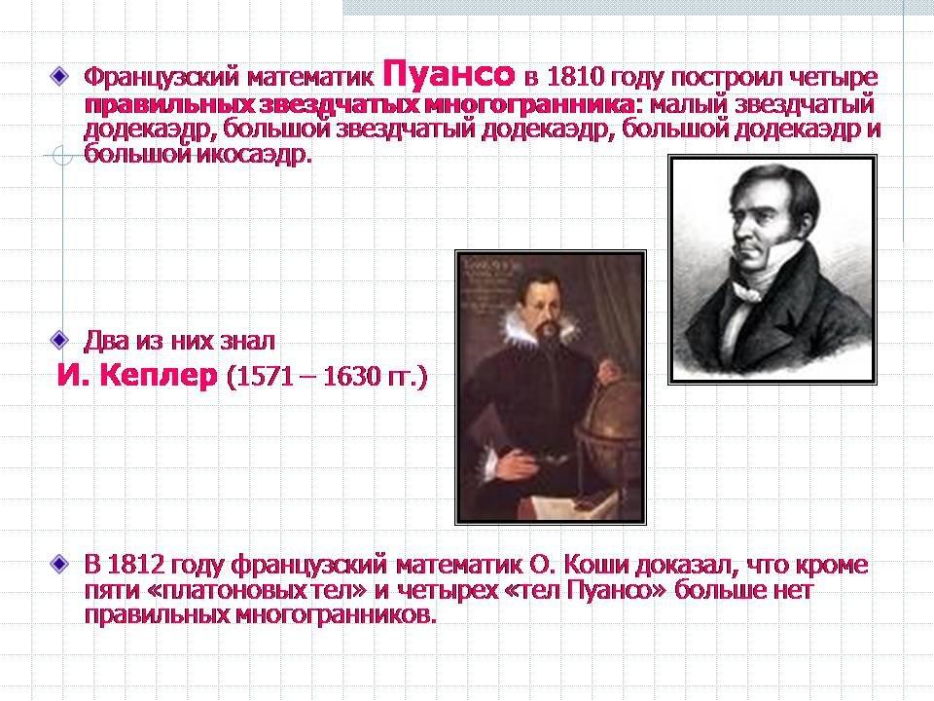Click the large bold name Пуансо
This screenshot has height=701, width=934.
point(449,75)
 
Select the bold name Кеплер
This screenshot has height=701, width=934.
point(159,376)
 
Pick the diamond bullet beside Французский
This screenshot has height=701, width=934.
point(59,76)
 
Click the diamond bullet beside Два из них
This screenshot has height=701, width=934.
point(59,340)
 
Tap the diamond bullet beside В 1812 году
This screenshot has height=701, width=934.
point(59,564)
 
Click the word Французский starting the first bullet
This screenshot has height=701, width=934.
point(162,77)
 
